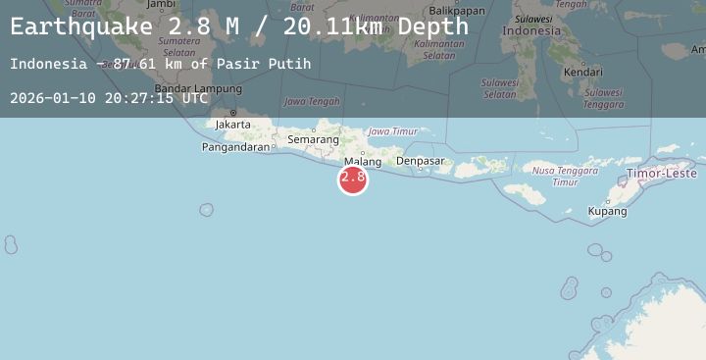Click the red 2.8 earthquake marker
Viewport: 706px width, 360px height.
coord(353,179)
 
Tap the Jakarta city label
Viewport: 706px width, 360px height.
coord(233,125)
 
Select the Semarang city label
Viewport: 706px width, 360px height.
coord(313,140)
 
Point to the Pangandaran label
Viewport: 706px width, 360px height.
coord(235,147)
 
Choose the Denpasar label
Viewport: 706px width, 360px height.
coord(420,161)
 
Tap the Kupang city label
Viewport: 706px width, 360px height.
coord(607,211)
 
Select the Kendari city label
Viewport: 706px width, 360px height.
coord(583,72)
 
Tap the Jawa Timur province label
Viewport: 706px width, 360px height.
coord(391,131)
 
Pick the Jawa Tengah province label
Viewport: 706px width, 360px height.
coord(312,101)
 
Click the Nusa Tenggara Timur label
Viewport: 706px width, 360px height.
coord(557,176)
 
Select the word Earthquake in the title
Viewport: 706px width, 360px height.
coord(80,26)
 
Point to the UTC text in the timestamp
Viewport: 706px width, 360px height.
coord(194,98)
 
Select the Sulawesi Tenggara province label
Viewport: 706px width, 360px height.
coord(602,99)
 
